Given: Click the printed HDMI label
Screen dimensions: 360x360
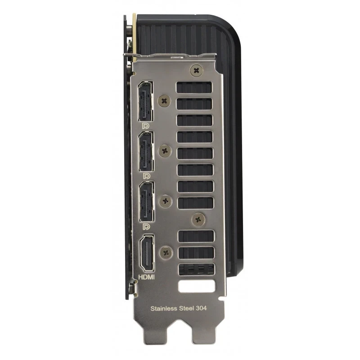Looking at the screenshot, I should click(x=146, y=277).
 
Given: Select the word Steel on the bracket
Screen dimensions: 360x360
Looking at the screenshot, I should click(x=192, y=309).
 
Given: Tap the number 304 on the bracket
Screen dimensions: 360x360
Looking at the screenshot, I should click(x=214, y=309).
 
